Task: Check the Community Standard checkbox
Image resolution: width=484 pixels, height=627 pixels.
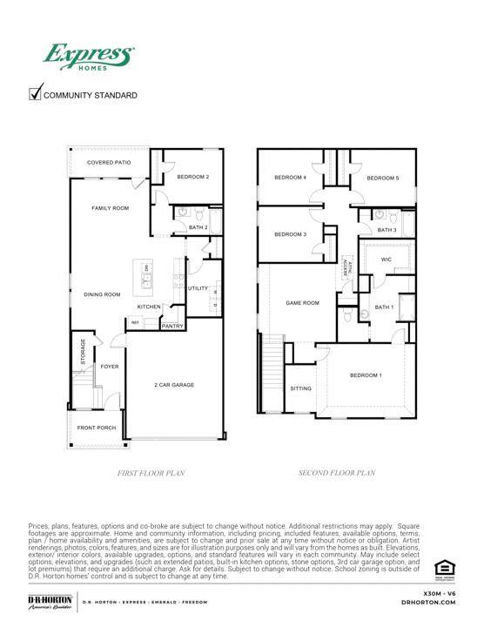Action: click(x=37, y=94)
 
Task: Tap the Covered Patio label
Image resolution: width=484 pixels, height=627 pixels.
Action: click(x=109, y=163)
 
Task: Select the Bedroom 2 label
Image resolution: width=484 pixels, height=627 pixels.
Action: click(x=192, y=177)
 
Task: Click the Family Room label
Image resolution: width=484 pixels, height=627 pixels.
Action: click(x=111, y=208)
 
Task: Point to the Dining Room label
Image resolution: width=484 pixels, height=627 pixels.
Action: click(x=102, y=294)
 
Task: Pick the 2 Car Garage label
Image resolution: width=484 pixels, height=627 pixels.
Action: click(x=174, y=384)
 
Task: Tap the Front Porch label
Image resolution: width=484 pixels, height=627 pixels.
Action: click(x=97, y=428)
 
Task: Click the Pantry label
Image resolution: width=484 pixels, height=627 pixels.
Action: click(x=172, y=326)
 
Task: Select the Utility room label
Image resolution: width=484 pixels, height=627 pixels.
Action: click(x=198, y=287)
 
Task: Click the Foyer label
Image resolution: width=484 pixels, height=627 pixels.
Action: click(x=109, y=367)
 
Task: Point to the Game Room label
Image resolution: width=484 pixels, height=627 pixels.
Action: click(x=303, y=303)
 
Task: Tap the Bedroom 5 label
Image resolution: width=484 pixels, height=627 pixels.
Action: click(x=382, y=179)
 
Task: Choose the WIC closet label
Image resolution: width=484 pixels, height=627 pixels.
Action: click(x=386, y=260)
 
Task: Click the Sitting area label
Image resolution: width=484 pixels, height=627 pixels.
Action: click(x=300, y=388)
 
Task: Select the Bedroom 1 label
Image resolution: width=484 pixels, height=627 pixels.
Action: click(x=366, y=375)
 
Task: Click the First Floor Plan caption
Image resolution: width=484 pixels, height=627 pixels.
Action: click(x=151, y=473)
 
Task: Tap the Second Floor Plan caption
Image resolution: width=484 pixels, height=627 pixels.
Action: click(x=336, y=473)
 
